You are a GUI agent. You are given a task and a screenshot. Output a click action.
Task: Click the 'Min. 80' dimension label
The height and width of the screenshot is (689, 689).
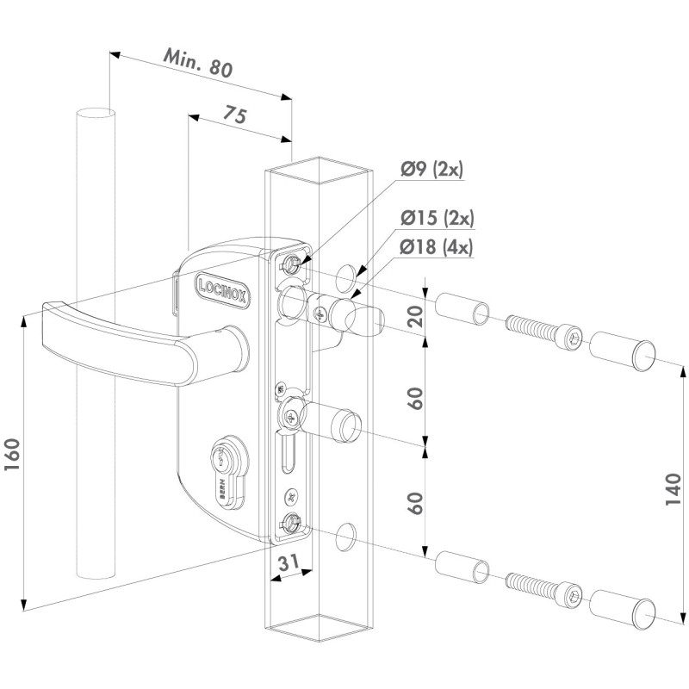198,65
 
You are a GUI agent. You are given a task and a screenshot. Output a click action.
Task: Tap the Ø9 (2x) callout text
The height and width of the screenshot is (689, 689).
430,169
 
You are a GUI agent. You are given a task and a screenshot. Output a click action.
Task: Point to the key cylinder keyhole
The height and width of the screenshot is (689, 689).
223,465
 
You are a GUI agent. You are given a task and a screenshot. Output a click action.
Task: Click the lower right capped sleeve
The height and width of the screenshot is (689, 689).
622,607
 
